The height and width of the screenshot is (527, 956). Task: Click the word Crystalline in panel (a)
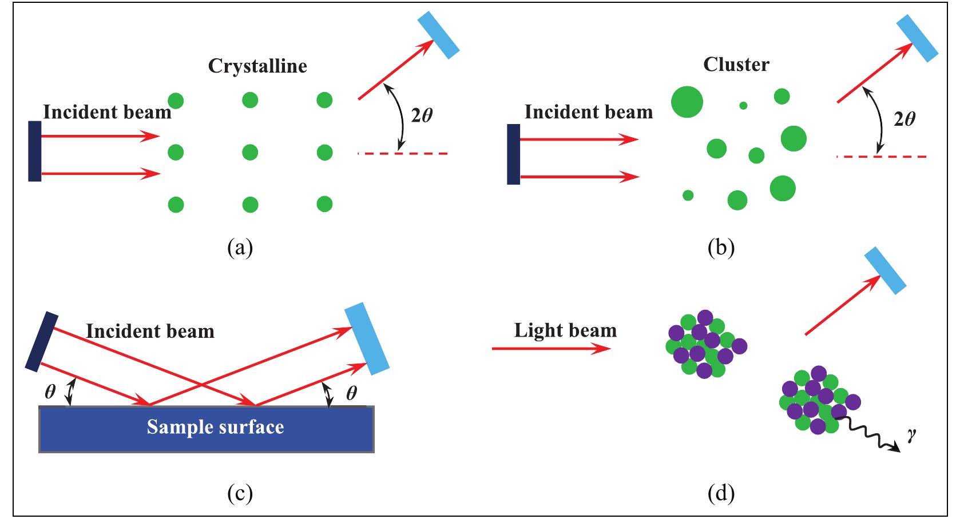[257, 66]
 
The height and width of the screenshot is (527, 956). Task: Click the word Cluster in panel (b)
[736, 65]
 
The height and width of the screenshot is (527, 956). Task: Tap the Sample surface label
[215, 428]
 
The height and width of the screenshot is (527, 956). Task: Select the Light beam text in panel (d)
[565, 330]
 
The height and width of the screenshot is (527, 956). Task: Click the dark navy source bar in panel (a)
[35, 151]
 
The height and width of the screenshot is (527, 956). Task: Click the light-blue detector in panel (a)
[439, 35]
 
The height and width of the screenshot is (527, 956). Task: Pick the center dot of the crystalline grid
[250, 153]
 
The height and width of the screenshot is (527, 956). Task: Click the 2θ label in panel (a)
[422, 115]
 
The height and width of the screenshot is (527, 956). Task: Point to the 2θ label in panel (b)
[904, 119]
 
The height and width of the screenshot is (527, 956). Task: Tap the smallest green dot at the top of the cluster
[743, 105]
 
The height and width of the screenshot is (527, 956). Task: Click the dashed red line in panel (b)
[880, 156]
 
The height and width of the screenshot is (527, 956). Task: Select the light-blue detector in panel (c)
[367, 340]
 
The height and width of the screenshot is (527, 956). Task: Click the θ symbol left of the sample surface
[50, 392]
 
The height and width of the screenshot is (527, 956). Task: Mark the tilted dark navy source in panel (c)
[42, 341]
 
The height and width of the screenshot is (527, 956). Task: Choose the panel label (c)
[240, 493]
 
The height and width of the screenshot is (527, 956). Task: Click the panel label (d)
[720, 493]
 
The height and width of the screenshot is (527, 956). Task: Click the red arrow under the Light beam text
[551, 348]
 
